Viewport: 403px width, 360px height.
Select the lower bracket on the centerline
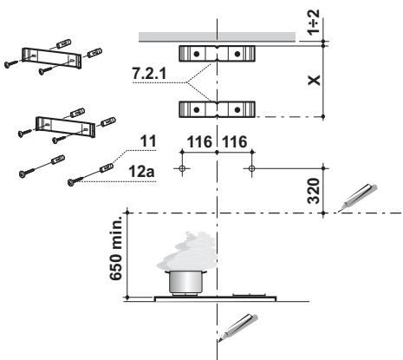click(216, 109)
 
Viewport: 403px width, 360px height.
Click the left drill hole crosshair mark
click(181, 168)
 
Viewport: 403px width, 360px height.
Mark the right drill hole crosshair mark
click(250, 168)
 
